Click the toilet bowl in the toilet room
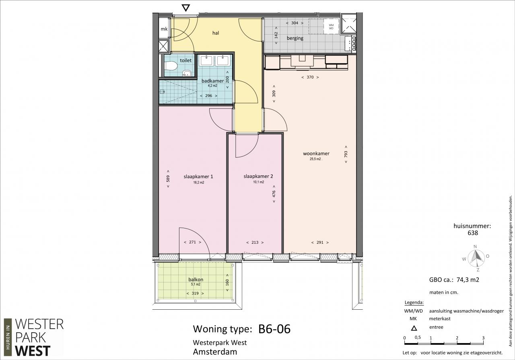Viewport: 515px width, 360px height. coord(171,66)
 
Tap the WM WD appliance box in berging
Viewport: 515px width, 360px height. coord(331,27)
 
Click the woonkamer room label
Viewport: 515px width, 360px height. coord(316,153)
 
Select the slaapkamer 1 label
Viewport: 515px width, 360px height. coord(198,177)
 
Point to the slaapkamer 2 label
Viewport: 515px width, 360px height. coord(258,176)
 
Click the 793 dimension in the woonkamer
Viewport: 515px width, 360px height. coord(346,154)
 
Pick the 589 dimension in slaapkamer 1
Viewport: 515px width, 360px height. coord(168,179)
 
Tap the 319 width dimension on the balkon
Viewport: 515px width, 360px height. coord(195,293)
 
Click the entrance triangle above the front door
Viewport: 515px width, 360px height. coord(185,8)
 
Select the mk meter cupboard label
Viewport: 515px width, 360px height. coord(164,29)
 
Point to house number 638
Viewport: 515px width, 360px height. coord(473,233)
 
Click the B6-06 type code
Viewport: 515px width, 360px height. coord(274,329)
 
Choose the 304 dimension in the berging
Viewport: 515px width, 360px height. coord(295,23)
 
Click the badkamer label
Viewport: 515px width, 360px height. coord(213,81)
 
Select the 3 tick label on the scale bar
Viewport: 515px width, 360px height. coord(484,338)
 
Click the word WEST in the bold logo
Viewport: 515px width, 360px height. coord(33,351)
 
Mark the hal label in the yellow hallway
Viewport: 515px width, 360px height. coord(216,33)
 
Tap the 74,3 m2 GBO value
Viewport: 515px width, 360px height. coord(468,280)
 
